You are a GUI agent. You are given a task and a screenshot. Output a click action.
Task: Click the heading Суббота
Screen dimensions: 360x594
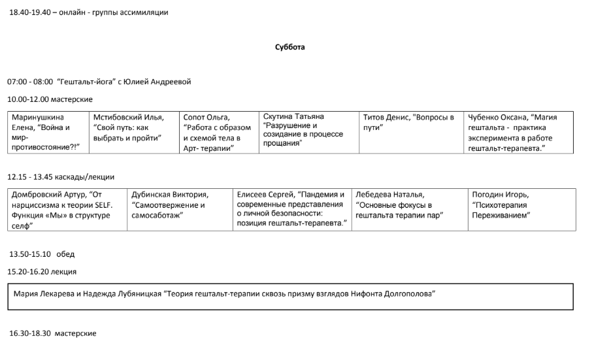coord(290,47)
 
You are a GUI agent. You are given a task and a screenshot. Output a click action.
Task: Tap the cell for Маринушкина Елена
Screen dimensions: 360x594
coord(47,133)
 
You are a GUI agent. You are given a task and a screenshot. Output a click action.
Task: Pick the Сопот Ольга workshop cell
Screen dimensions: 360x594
coord(220,133)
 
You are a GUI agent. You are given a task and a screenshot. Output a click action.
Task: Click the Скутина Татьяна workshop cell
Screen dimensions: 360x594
coord(308,133)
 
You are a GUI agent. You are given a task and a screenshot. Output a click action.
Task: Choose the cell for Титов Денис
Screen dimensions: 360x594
coord(411,133)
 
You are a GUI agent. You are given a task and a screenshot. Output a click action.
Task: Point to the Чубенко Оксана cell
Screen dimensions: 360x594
coord(519,133)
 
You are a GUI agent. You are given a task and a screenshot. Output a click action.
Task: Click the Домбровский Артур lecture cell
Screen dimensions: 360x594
coord(68,210)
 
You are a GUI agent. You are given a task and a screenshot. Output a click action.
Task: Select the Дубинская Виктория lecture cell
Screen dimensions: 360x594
coord(179,210)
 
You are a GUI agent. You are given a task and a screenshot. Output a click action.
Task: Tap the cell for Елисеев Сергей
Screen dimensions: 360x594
coord(291,210)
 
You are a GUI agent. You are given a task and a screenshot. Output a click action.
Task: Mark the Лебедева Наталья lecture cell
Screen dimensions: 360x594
coord(410,210)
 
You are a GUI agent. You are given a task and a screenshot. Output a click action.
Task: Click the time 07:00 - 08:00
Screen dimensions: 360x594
coord(30,82)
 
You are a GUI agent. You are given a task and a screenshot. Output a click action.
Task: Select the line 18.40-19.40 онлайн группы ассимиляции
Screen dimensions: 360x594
coord(88,12)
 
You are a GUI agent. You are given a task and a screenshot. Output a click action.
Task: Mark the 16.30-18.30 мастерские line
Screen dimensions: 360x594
coord(53,333)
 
